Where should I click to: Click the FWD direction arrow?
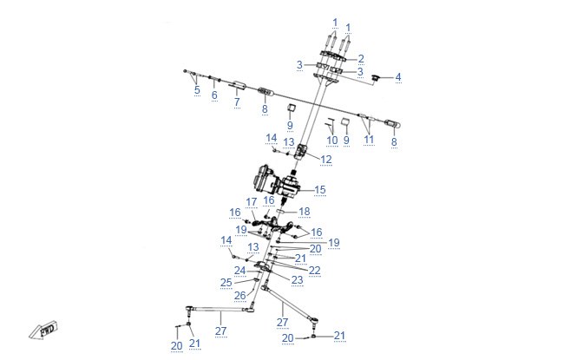pyautogui.click(x=43, y=331)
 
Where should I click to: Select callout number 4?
pyautogui.click(x=397, y=77)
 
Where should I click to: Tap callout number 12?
pyautogui.click(x=326, y=160)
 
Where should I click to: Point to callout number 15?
pyautogui.click(x=320, y=190)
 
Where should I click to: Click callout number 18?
pyautogui.click(x=305, y=212)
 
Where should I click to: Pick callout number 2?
pyautogui.click(x=361, y=59)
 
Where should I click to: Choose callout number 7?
pyautogui.click(x=237, y=101)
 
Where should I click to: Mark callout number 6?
pyautogui.click(x=214, y=95)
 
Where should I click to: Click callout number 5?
pyautogui.click(x=197, y=89)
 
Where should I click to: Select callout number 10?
pyautogui.click(x=332, y=141)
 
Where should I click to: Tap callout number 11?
pyautogui.click(x=369, y=140)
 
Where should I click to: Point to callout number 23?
pyautogui.click(x=297, y=280)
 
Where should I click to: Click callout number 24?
pyautogui.click(x=239, y=271)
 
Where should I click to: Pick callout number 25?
pyautogui.click(x=226, y=283)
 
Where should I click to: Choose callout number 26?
pyautogui.click(x=239, y=296)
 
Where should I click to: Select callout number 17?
pyautogui.click(x=252, y=202)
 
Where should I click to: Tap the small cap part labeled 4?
pyautogui.click(x=376, y=78)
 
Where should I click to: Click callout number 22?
pyautogui.click(x=314, y=271)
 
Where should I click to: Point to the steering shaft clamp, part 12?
pyautogui.click(x=301, y=152)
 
